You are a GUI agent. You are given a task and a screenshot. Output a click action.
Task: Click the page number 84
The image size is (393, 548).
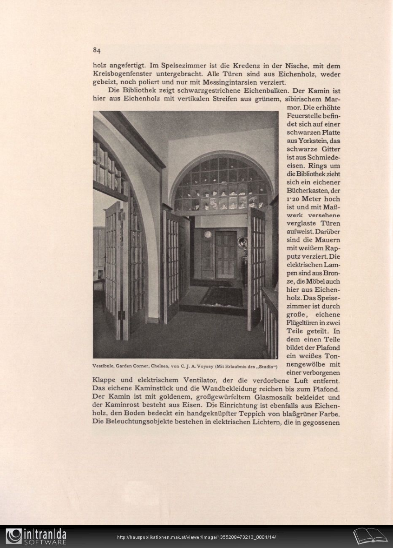[97, 50]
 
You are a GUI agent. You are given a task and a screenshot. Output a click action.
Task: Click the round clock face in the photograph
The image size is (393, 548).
[208, 234]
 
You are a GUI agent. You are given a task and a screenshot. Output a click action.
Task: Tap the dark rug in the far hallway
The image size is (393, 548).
[222, 297]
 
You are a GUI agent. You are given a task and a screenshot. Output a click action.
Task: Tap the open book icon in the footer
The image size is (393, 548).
[370, 536]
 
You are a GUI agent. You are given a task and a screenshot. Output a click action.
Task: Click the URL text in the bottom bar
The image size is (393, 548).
[196, 537]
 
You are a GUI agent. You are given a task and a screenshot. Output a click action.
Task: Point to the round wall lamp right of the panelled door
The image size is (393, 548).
[242, 242]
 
